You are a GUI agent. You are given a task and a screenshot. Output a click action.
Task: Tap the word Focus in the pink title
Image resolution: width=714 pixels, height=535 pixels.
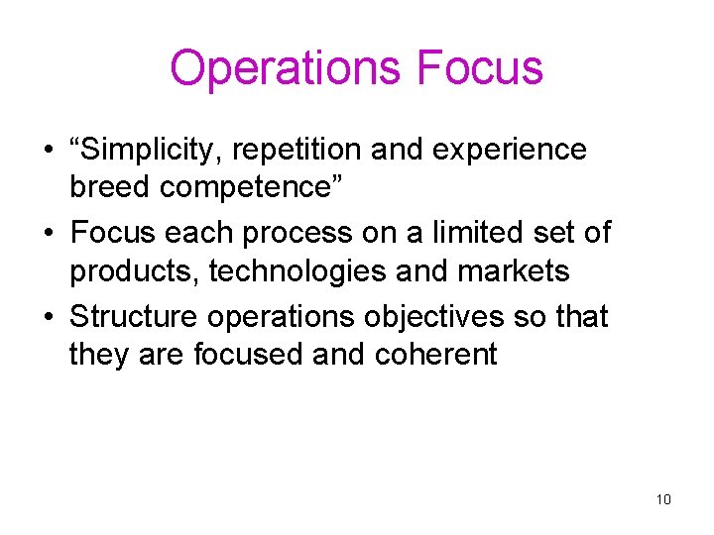pos(480,68)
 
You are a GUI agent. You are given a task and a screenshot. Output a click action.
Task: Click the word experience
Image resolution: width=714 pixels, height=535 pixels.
pos(524,151)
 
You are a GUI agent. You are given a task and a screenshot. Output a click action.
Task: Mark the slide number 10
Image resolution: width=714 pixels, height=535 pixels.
pos(663,498)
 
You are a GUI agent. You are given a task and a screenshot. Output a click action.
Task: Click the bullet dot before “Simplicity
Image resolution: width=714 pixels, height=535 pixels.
pos(48,152)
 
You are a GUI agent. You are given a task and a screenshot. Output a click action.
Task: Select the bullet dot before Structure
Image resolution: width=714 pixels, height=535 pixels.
pos(48,318)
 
